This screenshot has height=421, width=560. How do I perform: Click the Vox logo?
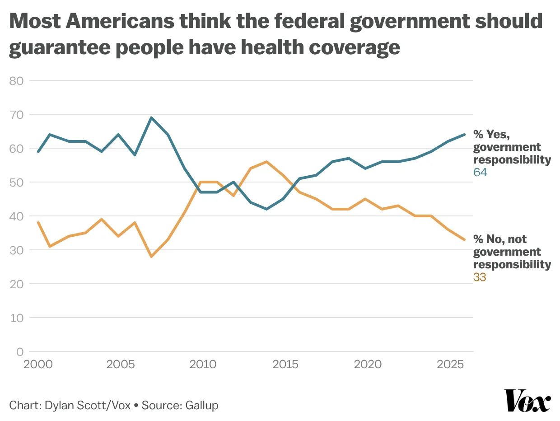click(x=527, y=401)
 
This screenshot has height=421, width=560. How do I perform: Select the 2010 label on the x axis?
click(x=203, y=364)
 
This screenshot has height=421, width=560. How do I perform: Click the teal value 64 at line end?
click(x=480, y=172)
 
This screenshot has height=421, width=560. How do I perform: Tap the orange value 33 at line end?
click(x=480, y=277)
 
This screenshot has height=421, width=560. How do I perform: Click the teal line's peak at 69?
click(x=151, y=118)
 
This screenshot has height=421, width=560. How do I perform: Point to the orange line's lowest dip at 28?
click(x=151, y=257)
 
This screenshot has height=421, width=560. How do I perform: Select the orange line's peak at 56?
click(x=267, y=162)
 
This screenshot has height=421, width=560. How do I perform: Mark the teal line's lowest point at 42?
click(x=267, y=209)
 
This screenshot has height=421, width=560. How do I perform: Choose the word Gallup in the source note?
click(x=201, y=405)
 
